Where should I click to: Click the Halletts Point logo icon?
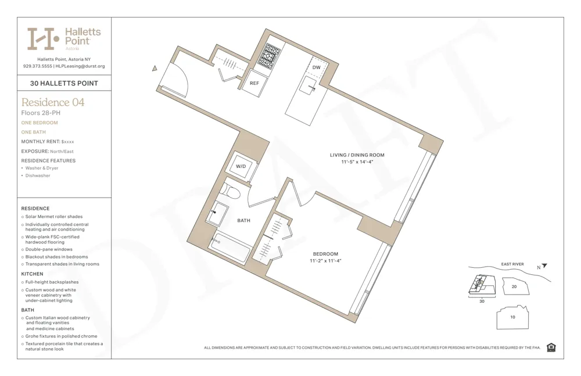pyautogui.click(x=44, y=38)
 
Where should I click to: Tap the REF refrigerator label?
pyautogui.click(x=254, y=83)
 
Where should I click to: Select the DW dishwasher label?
pyautogui.click(x=316, y=68)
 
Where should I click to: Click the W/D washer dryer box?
pyautogui.click(x=241, y=166)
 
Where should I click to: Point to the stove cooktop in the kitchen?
pyautogui.click(x=269, y=56)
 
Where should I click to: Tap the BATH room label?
pyautogui.click(x=244, y=220)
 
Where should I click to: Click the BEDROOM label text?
pyautogui.click(x=325, y=254)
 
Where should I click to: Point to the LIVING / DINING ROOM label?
pyautogui.click(x=357, y=155)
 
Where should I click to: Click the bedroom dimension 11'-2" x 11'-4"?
pyautogui.click(x=325, y=261)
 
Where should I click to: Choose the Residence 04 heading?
pyautogui.click(x=53, y=103)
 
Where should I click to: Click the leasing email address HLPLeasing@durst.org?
pyautogui.click(x=80, y=66)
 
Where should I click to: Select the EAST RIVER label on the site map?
pyautogui.click(x=512, y=264)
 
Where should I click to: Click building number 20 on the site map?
pyautogui.click(x=514, y=287)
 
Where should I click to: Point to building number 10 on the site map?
pyautogui.click(x=512, y=317)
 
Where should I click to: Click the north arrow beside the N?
pyautogui.click(x=544, y=266)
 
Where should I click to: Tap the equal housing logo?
pyautogui.click(x=551, y=348)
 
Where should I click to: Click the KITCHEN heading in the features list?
pyautogui.click(x=33, y=274)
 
